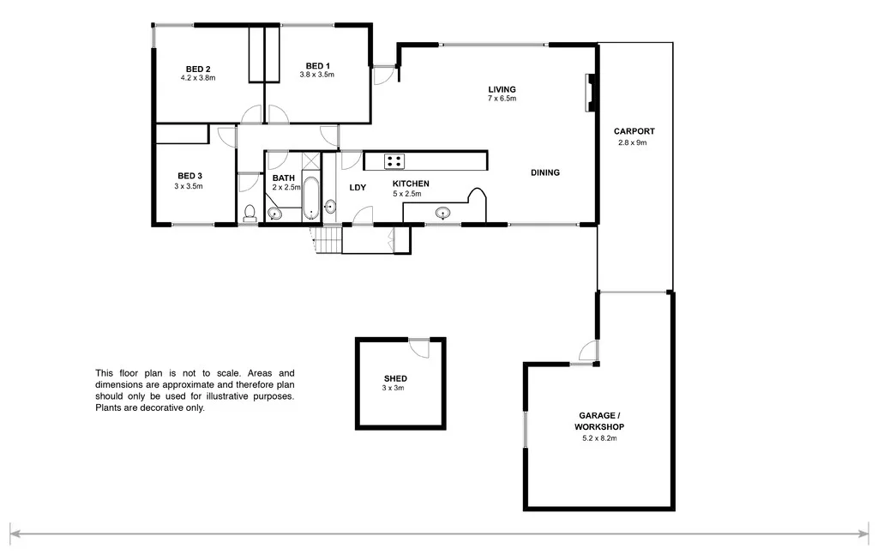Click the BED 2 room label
pyautogui.click(x=198, y=69)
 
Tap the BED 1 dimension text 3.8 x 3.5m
pyautogui.click(x=316, y=75)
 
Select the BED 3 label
pyautogui.click(x=189, y=175)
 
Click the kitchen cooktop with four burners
pyautogui.click(x=394, y=160)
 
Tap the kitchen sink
pyautogui.click(x=443, y=214)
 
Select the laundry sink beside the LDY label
pyautogui.click(x=330, y=207)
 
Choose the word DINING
pyautogui.click(x=544, y=172)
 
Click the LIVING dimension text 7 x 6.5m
pyautogui.click(x=502, y=99)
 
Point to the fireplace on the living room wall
pyautogui.click(x=590, y=93)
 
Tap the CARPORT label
pyautogui.click(x=634, y=131)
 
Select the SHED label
pyautogui.click(x=395, y=378)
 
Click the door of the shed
pyautogui.click(x=418, y=346)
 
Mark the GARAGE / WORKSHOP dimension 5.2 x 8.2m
pyautogui.click(x=599, y=438)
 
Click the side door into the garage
pyautogui.click(x=587, y=353)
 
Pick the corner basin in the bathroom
pyautogui.click(x=274, y=214)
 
